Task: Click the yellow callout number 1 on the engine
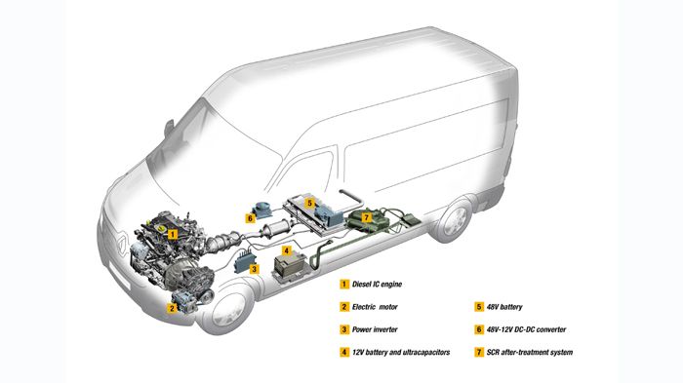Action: tap(172, 234)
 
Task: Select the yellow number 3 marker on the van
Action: tap(253, 269)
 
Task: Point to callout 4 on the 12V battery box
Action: tap(286, 250)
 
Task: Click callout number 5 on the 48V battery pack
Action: tap(309, 204)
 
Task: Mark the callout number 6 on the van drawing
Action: tap(251, 218)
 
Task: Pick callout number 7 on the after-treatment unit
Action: tap(365, 216)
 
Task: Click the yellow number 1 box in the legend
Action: tap(343, 284)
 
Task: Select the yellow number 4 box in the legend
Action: tap(343, 351)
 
